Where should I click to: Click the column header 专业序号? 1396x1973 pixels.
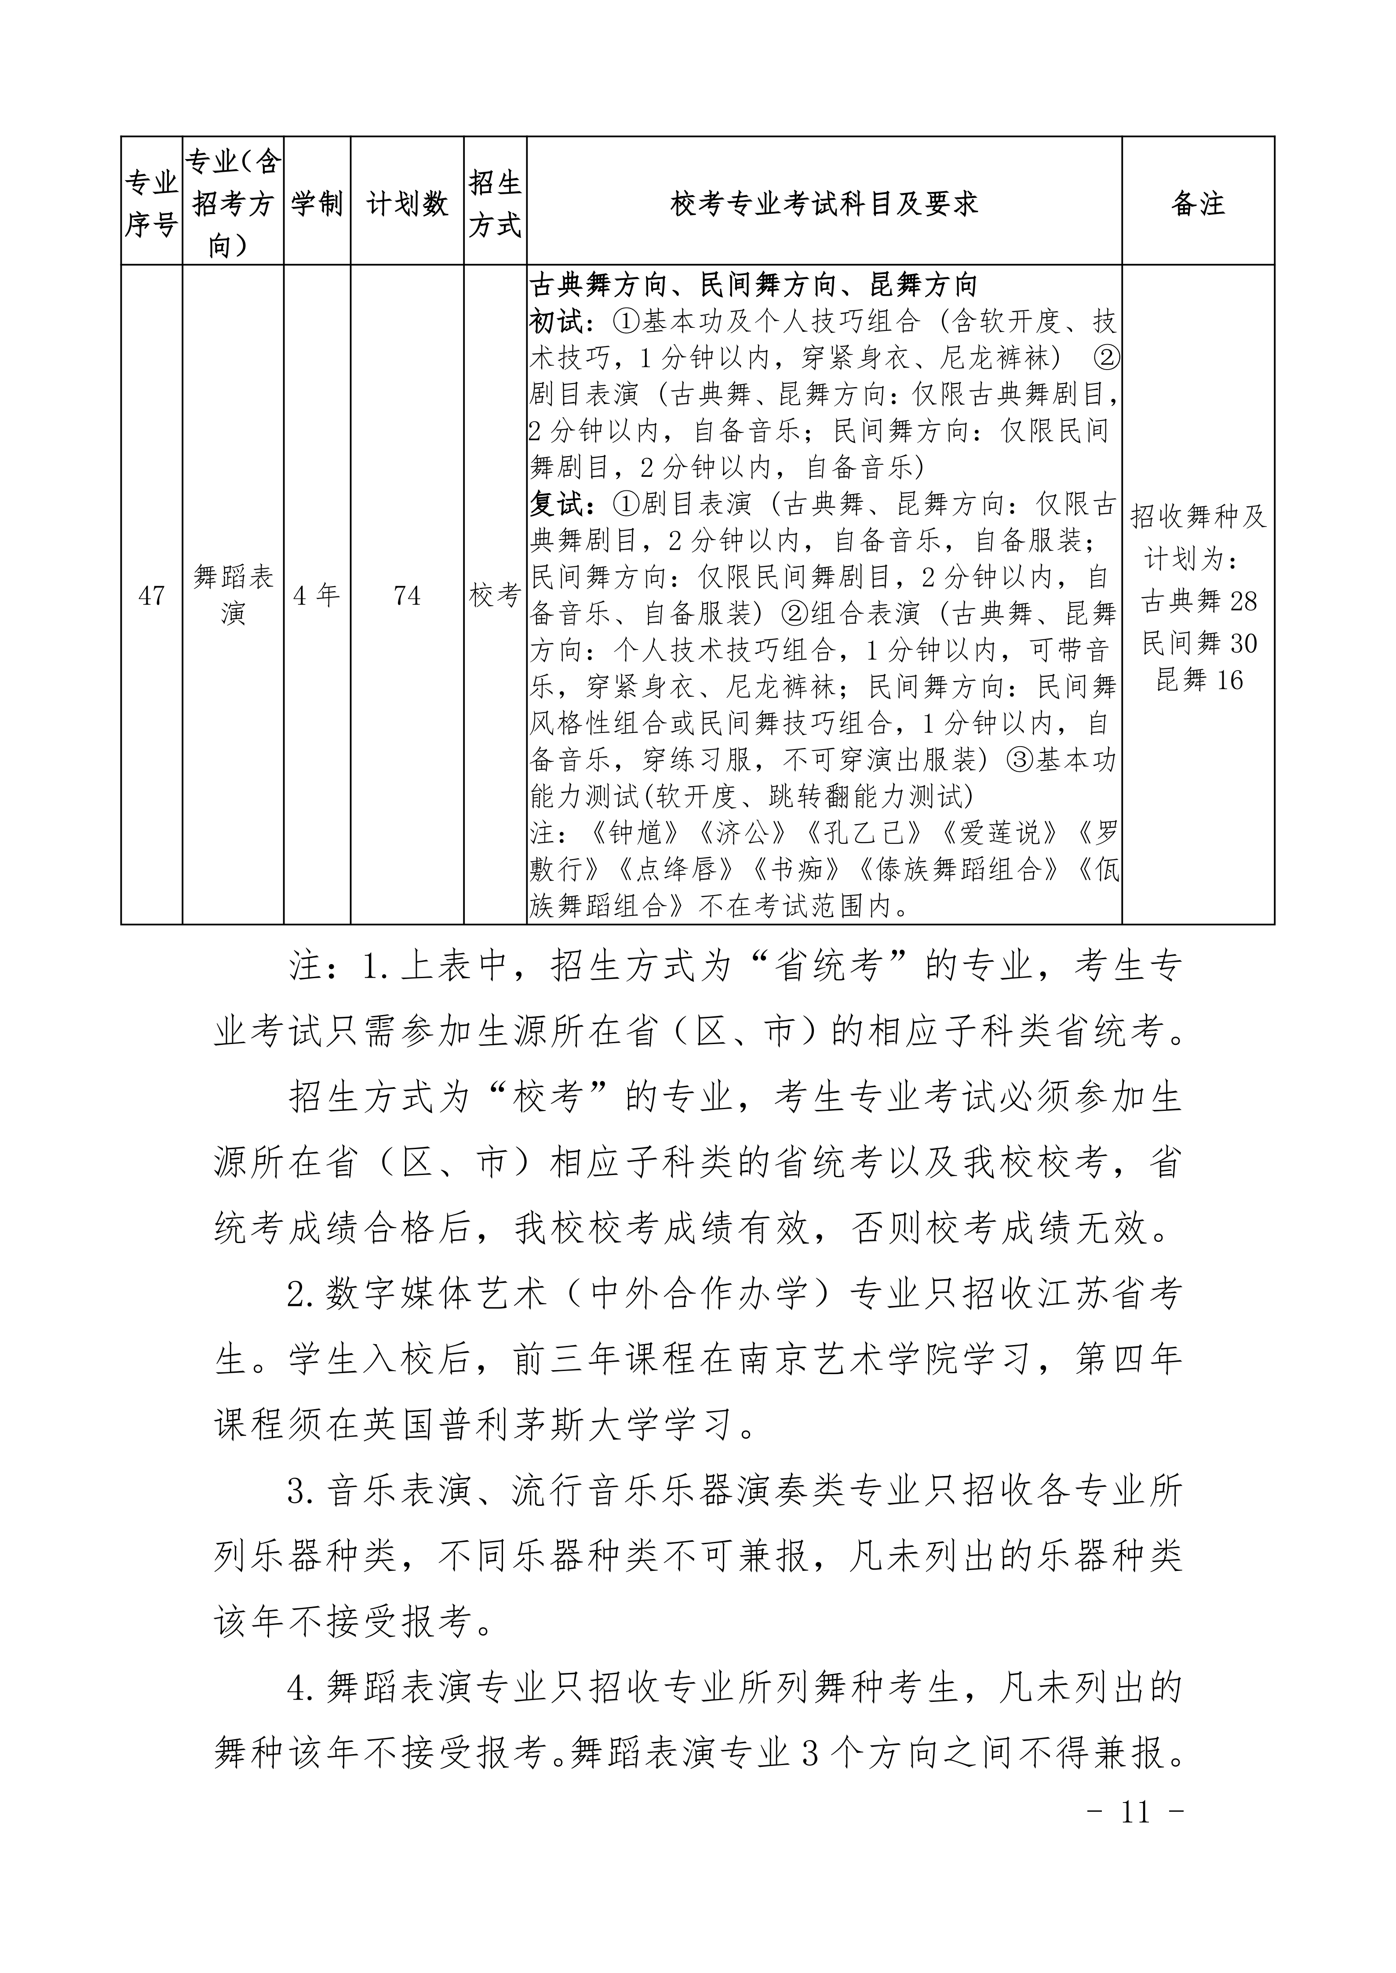[x=151, y=203]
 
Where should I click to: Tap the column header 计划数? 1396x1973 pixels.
[x=408, y=203]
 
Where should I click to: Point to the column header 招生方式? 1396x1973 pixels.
[x=495, y=203]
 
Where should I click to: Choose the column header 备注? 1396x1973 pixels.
[x=1197, y=203]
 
